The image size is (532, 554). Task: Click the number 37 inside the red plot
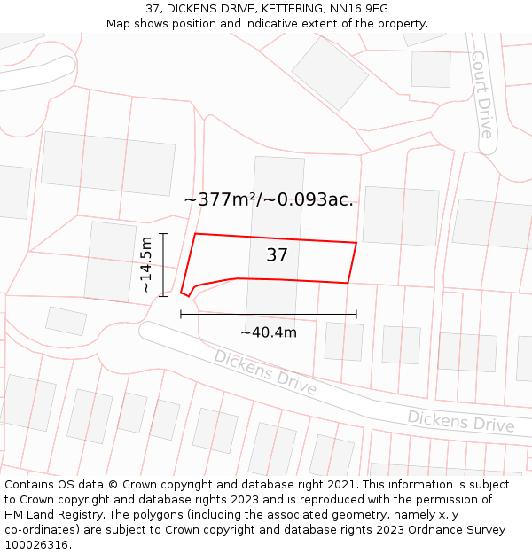tap(277, 255)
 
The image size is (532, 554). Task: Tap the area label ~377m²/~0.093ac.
tap(268, 199)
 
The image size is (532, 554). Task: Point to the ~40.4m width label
tap(268, 332)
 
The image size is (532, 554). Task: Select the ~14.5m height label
tap(146, 264)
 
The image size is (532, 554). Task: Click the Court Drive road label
tap(481, 94)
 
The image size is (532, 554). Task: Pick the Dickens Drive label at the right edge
tap(460, 421)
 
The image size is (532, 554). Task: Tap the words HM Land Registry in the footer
tap(48, 515)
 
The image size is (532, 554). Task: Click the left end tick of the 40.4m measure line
tap(181, 314)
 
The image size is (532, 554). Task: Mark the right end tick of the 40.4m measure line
tap(356, 314)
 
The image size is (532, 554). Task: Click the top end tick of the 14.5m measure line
tap(162, 233)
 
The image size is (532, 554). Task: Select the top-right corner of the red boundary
tap(356, 242)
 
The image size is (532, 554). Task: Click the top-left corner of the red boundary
tap(195, 234)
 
